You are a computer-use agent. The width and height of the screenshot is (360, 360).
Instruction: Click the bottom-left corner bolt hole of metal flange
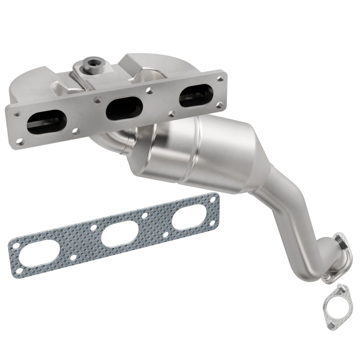coord(74,131)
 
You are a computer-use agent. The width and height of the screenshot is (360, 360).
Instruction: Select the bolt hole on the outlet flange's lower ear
coord(327,276)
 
